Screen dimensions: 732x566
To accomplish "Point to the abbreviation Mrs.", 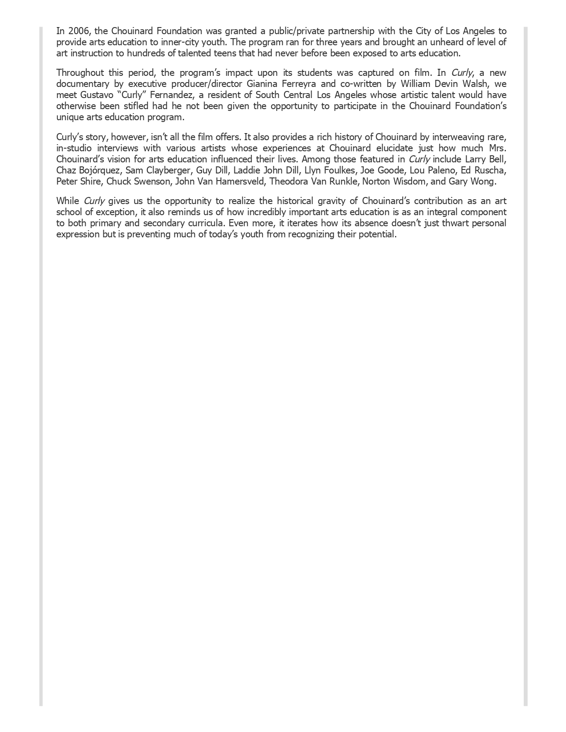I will (x=497, y=148).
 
